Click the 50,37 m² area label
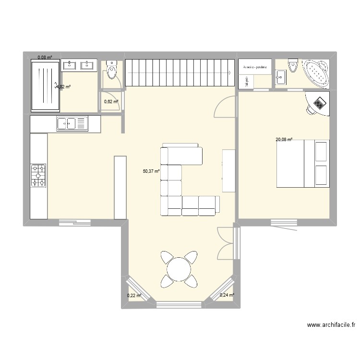click(151, 170)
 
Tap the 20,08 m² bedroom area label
click(284, 140)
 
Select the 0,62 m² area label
click(111, 101)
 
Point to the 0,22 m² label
click(134, 296)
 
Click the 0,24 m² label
click(227, 296)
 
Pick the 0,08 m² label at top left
click(45, 58)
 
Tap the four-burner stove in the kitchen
click(38, 175)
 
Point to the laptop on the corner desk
click(318, 103)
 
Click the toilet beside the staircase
click(112, 71)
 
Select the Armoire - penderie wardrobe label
click(255, 67)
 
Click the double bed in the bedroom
click(303, 164)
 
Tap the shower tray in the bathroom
click(47, 85)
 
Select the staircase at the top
click(180, 73)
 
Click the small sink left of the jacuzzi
click(280, 75)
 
